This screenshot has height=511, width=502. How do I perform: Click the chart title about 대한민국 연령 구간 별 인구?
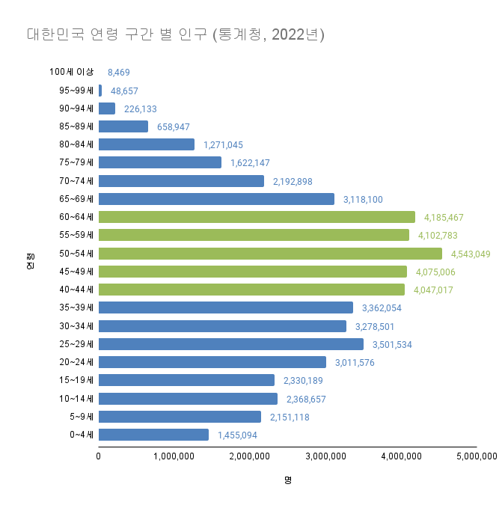point(175,35)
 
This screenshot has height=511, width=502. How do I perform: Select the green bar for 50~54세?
point(270,254)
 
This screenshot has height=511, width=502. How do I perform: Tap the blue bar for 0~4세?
point(153,435)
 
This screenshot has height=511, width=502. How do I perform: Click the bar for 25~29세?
point(230,344)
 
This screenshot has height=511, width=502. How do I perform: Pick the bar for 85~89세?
point(123,126)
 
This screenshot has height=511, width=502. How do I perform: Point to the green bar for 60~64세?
point(257,217)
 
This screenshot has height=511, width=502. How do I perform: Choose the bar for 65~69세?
point(216,199)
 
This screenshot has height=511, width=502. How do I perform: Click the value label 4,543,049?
point(471,254)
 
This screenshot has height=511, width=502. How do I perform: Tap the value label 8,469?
point(120,73)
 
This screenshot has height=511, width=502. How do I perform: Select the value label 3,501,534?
point(392,344)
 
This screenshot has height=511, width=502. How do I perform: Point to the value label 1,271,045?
point(223,145)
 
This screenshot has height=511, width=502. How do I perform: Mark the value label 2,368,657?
point(306,399)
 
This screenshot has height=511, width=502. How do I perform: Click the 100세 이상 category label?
point(72,72)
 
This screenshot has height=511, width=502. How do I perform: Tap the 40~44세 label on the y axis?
point(76,290)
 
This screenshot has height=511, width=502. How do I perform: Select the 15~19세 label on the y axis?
point(76,380)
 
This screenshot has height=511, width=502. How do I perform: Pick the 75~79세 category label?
point(76,162)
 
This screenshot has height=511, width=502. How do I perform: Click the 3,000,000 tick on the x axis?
point(325,456)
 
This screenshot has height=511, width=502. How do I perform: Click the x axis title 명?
point(287,480)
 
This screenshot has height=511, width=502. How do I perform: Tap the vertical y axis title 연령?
point(30,263)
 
